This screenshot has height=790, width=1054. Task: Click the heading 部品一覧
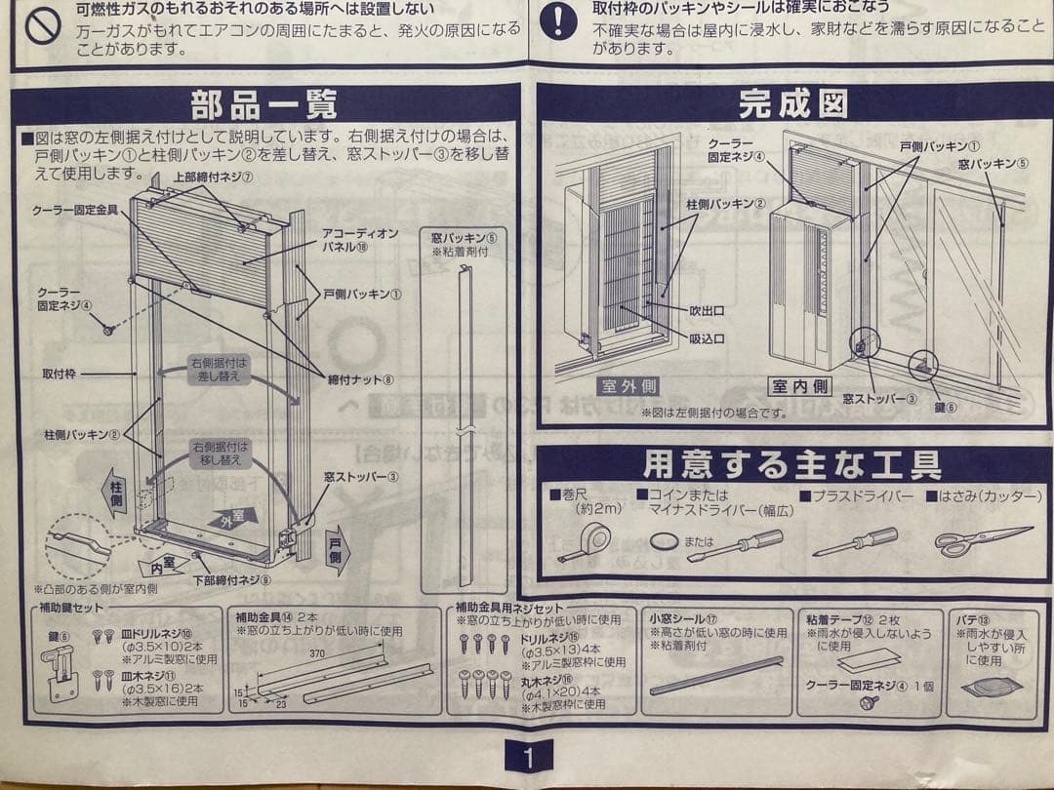pos(264,103)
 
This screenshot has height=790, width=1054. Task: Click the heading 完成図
pos(791,102)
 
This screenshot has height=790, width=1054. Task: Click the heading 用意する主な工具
pos(791,464)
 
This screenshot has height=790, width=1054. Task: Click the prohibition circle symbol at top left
pos(43,26)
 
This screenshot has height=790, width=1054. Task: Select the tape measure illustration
pos(588,542)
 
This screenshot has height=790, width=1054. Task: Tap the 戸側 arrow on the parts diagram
pos(338,550)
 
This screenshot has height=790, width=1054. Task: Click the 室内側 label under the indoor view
pos(799,386)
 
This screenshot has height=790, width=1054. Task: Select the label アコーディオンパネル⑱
pos(360,240)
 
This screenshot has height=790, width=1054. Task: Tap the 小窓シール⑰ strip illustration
pos(717,675)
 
